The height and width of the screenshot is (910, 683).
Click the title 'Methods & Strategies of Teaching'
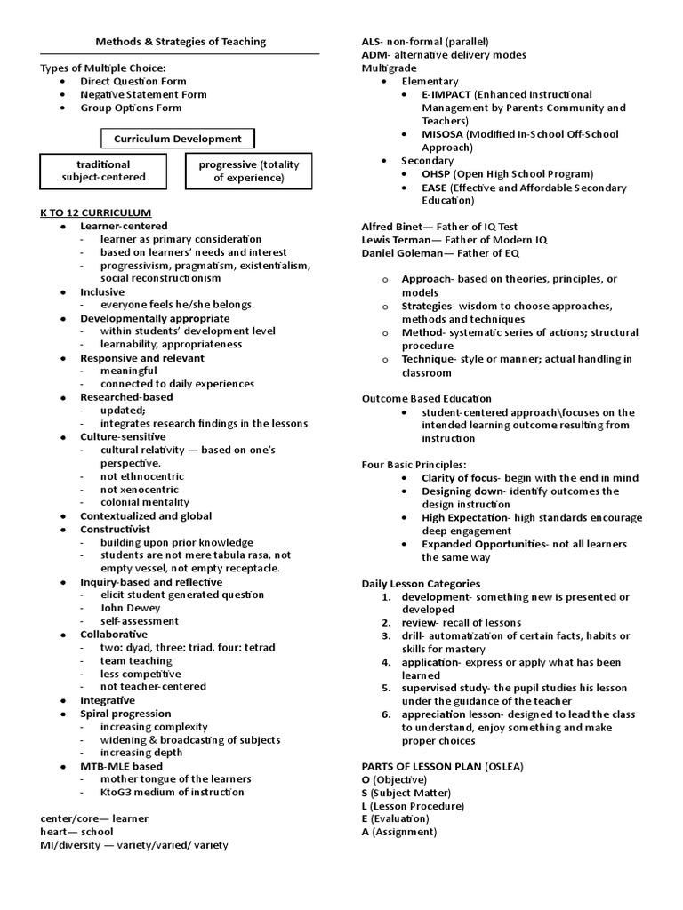point(181,42)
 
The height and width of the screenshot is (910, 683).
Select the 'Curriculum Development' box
point(177,139)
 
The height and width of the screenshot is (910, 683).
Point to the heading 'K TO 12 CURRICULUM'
point(96,212)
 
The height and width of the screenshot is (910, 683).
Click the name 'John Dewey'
point(130,608)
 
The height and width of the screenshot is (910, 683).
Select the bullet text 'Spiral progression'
point(125,714)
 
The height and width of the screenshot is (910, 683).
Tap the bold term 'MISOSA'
point(446,134)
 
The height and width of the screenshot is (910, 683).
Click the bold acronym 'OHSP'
point(438,174)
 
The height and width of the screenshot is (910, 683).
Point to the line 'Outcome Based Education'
point(426,398)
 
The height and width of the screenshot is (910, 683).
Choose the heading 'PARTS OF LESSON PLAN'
point(422,766)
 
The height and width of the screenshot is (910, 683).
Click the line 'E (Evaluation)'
point(395,818)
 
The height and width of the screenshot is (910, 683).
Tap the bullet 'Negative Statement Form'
point(143,94)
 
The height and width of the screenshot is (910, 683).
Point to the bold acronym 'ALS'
point(371,42)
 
